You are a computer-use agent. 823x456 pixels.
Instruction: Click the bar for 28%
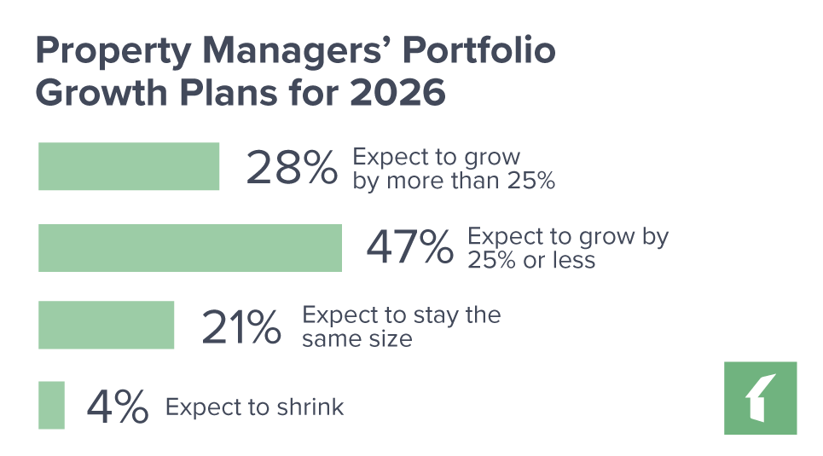pos(130,166)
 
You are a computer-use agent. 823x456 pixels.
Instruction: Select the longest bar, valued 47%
pos(190,247)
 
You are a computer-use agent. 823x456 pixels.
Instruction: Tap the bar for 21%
pos(107,325)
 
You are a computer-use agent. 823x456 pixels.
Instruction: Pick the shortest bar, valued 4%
pos(51,405)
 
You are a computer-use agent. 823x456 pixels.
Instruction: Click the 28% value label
pos(292,168)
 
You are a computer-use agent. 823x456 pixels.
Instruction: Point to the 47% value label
pos(409,248)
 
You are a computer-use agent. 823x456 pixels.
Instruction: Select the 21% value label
pos(241,326)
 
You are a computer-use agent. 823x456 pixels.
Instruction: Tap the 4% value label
pos(118,407)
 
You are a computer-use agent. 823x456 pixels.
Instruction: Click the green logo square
pos(760,398)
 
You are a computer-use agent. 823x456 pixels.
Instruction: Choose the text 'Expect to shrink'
pos(254,407)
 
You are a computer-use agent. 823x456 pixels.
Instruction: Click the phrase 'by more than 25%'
pos(454,181)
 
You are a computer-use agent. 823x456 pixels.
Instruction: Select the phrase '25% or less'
pos(531,260)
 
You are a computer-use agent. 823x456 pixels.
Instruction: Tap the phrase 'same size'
pos(357,338)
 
